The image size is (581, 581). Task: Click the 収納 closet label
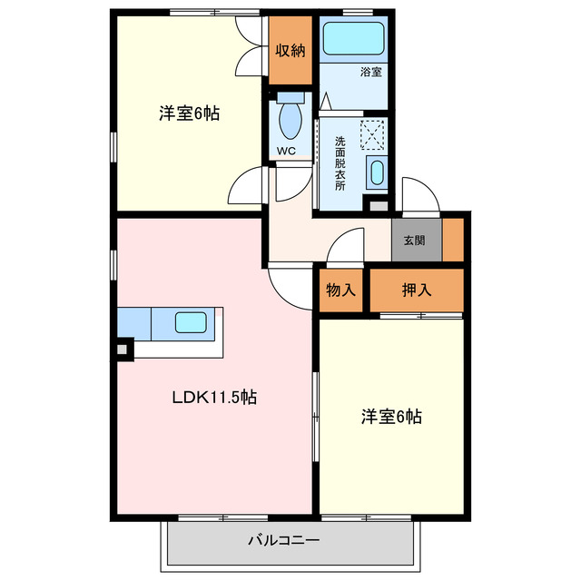[291, 52]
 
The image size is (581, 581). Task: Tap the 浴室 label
[369, 73]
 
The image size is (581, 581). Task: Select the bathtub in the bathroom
[355, 39]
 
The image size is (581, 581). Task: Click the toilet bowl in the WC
[291, 118]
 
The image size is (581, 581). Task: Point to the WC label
[287, 151]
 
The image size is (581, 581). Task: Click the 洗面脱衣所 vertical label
[340, 162]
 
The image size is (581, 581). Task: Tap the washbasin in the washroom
[376, 172]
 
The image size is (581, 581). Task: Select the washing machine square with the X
[374, 135]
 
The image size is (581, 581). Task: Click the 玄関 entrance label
[414, 241]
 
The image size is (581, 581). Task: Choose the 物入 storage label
[340, 290]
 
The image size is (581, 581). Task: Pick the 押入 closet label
[417, 290]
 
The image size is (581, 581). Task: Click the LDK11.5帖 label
[214, 397]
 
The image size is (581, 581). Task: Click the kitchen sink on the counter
[192, 322]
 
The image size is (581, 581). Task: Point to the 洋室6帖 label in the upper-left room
[189, 113]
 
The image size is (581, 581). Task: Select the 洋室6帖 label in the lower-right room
[391, 417]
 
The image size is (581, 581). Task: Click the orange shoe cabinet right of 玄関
[453, 240]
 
